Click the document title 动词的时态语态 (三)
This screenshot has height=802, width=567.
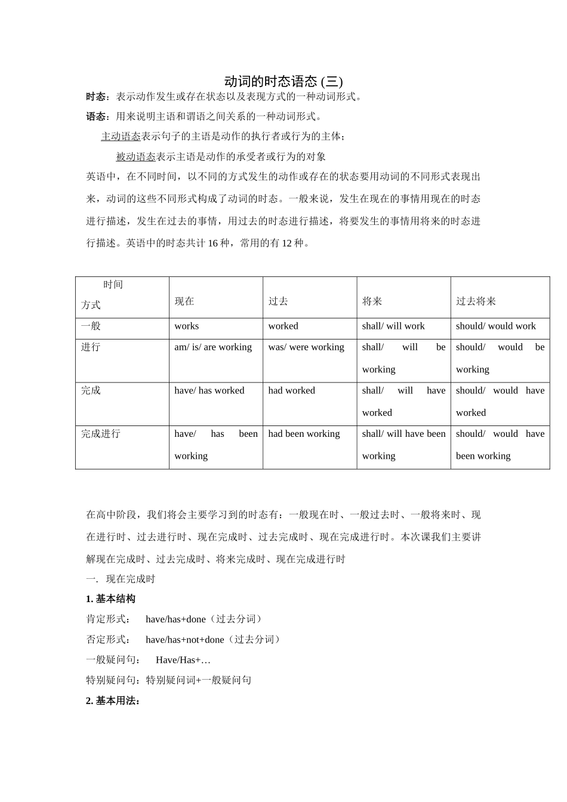coord(283,81)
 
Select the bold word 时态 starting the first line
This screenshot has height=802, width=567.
coord(96,97)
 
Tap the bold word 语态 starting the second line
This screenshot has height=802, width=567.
coord(96,116)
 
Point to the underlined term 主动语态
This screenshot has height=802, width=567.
coord(121,137)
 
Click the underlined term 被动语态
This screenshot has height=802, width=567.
coord(135,157)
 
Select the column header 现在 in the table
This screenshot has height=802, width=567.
coord(184,301)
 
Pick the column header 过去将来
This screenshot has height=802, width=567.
coord(476,301)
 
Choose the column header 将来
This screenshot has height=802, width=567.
coord(372,301)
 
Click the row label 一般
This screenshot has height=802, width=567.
coord(91,326)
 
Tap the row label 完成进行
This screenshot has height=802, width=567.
coord(101,434)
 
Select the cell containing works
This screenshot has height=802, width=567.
coord(187,326)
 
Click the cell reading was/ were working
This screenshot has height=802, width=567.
coord(306,347)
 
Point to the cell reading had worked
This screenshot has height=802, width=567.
coord(292,390)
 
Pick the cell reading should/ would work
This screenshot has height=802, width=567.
coord(496,326)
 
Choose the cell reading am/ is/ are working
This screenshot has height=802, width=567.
coord(213,347)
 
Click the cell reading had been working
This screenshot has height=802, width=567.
coord(304,434)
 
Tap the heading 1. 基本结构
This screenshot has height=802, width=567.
coord(111,599)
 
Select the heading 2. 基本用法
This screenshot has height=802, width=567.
coord(113,701)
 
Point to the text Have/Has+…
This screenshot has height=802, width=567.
coord(183,660)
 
